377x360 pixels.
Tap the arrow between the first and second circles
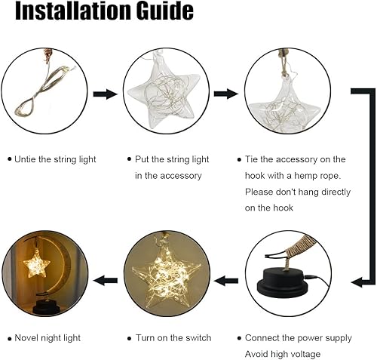point(105,94)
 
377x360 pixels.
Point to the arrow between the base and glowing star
point(225,280)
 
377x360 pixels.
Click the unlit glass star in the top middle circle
point(165,94)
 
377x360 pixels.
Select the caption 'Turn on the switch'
point(173,337)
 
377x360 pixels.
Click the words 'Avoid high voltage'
point(283,354)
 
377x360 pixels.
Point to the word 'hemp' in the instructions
point(309,176)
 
